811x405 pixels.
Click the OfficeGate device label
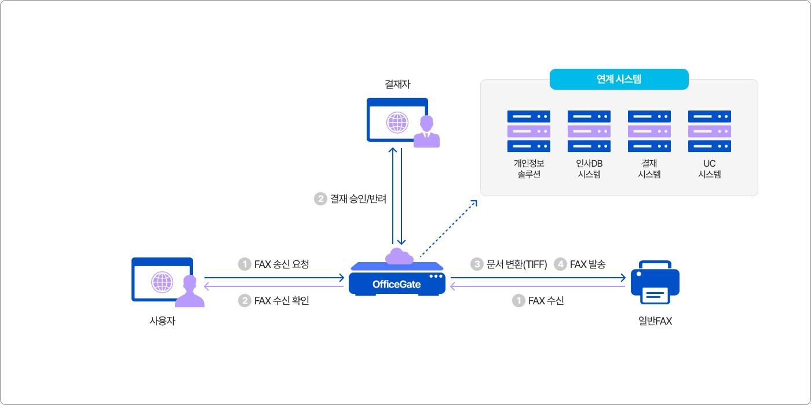pyautogui.click(x=397, y=285)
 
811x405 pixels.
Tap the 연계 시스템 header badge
pyautogui.click(x=619, y=79)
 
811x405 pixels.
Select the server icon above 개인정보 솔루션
pyautogui.click(x=529, y=131)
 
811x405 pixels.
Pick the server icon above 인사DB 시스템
pyautogui.click(x=589, y=131)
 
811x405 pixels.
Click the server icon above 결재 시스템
pyautogui.click(x=649, y=131)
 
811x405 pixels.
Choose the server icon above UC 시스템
pyautogui.click(x=710, y=131)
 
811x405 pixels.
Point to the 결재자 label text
pyautogui.click(x=397, y=84)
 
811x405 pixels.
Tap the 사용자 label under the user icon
pyautogui.click(x=162, y=321)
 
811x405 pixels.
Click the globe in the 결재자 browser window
pyautogui.click(x=397, y=122)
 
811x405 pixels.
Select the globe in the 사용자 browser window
pyautogui.click(x=162, y=282)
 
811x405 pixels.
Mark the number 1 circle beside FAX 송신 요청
pyautogui.click(x=244, y=264)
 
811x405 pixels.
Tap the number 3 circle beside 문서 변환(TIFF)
pyautogui.click(x=477, y=264)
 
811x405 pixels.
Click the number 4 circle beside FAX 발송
pyautogui.click(x=560, y=264)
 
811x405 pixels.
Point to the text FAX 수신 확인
pyautogui.click(x=282, y=301)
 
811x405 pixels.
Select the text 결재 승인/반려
pyautogui.click(x=358, y=199)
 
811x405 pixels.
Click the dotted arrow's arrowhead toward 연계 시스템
pyautogui.click(x=474, y=203)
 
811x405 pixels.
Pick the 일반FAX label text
pyautogui.click(x=655, y=321)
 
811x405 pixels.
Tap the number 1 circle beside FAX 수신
pyautogui.click(x=518, y=301)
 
